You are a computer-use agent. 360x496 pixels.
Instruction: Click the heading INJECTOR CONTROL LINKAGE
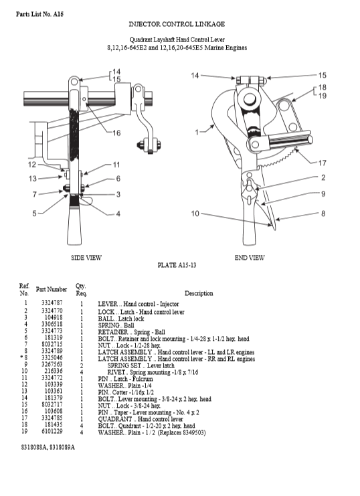177,24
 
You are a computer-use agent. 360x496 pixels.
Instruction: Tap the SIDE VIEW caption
86,258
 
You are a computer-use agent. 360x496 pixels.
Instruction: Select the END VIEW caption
250,258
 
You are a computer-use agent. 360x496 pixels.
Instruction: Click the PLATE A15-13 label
177,265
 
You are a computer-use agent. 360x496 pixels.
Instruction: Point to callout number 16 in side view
116,133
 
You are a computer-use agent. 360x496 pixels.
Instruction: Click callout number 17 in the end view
322,163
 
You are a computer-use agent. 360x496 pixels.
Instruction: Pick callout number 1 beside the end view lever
197,132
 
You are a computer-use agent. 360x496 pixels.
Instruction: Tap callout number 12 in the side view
32,165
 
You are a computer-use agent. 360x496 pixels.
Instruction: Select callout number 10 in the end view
195,214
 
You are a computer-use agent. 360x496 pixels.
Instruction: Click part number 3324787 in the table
52,303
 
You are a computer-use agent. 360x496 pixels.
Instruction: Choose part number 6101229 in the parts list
52,431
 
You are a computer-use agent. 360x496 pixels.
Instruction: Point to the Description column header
199,293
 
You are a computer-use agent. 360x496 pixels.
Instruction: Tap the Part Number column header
52,289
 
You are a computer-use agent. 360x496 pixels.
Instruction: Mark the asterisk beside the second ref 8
21,357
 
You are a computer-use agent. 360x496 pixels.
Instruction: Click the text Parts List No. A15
39,14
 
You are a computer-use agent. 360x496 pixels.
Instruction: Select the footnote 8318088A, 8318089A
48,447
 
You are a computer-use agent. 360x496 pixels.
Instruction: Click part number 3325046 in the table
52,357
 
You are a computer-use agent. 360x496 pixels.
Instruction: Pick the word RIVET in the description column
116,372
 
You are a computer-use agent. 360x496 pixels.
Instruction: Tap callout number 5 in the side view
34,214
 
